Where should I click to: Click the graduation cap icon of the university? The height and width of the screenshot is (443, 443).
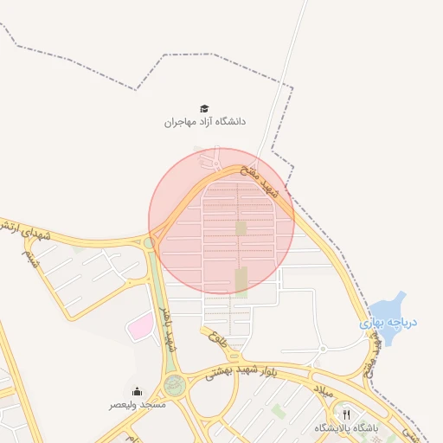(204, 108)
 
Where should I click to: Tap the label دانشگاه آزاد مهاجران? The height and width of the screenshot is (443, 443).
(205, 122)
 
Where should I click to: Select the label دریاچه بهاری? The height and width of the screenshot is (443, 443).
(388, 323)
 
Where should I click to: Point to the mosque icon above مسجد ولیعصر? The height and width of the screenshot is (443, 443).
(137, 391)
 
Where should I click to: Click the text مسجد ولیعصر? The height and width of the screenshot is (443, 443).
(137, 404)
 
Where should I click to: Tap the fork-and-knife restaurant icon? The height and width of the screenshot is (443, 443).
(347, 415)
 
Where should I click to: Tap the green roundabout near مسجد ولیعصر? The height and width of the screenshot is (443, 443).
(175, 385)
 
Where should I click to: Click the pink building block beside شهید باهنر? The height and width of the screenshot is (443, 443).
(139, 326)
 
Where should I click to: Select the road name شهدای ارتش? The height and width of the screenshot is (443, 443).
(26, 230)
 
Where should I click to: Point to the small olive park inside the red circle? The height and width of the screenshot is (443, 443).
(241, 228)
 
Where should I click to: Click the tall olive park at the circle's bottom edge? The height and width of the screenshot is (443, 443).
(241, 280)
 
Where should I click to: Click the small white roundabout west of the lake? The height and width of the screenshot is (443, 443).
(322, 349)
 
